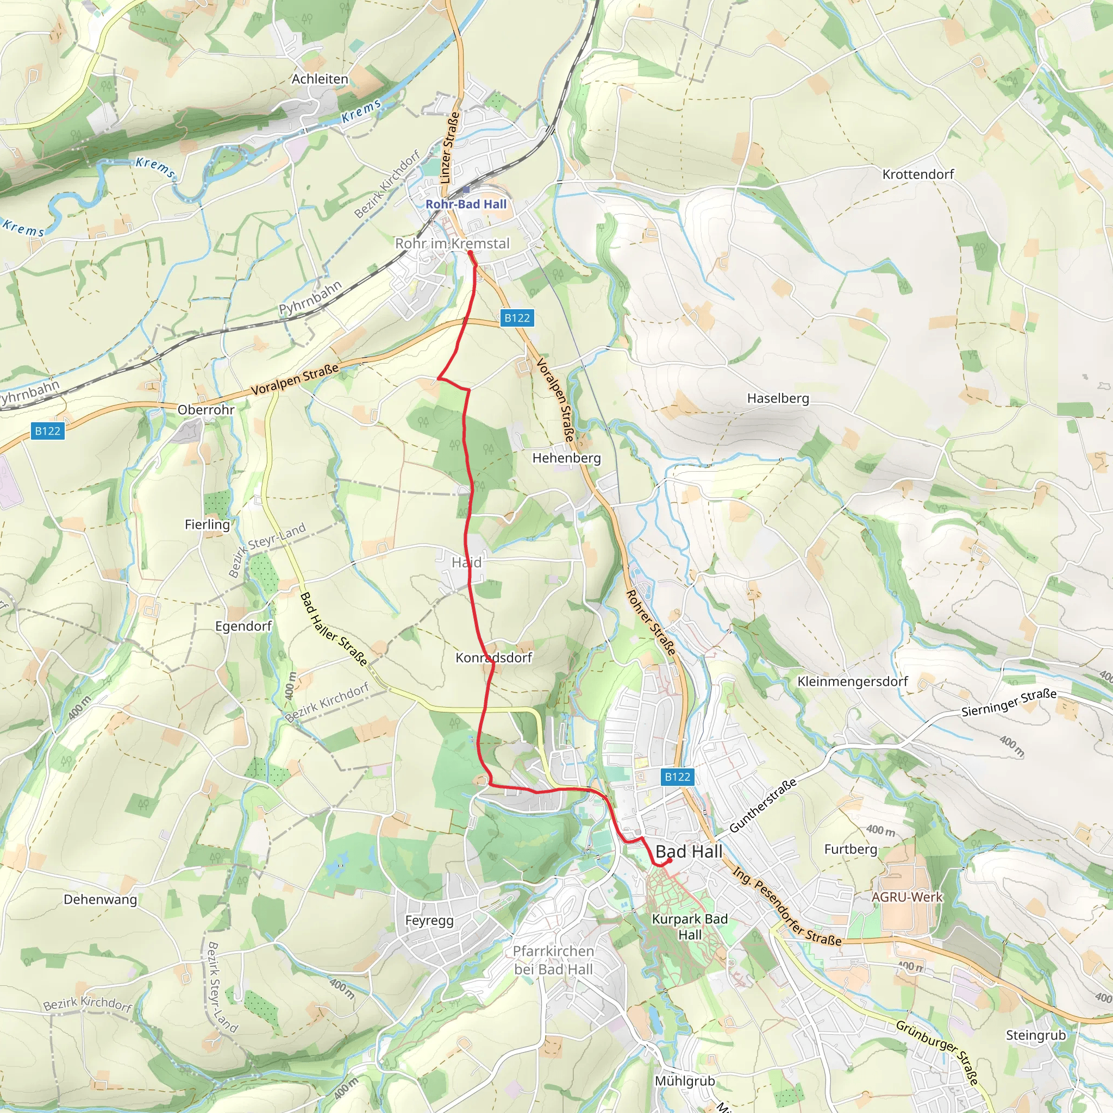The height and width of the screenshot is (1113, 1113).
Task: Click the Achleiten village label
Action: (320, 79)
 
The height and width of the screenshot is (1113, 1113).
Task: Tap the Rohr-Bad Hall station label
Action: (466, 204)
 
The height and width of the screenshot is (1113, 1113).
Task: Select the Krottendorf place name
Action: (918, 174)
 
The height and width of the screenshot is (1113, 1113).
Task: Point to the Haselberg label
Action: (778, 398)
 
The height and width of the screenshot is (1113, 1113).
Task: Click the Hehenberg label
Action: (566, 458)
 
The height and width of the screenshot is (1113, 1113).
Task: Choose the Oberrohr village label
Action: (205, 410)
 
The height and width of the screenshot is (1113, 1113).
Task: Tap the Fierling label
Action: (208, 524)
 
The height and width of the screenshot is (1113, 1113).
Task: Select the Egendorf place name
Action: (243, 626)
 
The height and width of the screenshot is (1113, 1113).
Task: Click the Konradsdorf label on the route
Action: (493, 658)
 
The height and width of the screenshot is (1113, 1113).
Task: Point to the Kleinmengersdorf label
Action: (852, 681)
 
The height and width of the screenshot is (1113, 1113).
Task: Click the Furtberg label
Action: (851, 849)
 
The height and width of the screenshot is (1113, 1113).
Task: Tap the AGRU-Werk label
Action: (907, 897)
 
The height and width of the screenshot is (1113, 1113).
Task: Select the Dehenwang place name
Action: (100, 899)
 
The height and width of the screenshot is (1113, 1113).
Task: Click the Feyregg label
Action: (429, 920)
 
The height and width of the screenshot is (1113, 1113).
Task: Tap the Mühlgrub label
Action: (684, 1081)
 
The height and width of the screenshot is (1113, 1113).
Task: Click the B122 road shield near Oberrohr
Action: (47, 431)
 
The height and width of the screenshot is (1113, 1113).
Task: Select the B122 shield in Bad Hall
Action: (677, 777)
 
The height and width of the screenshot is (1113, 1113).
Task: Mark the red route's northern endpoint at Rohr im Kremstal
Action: (470, 253)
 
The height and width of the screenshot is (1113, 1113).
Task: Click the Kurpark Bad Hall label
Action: (690, 927)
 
